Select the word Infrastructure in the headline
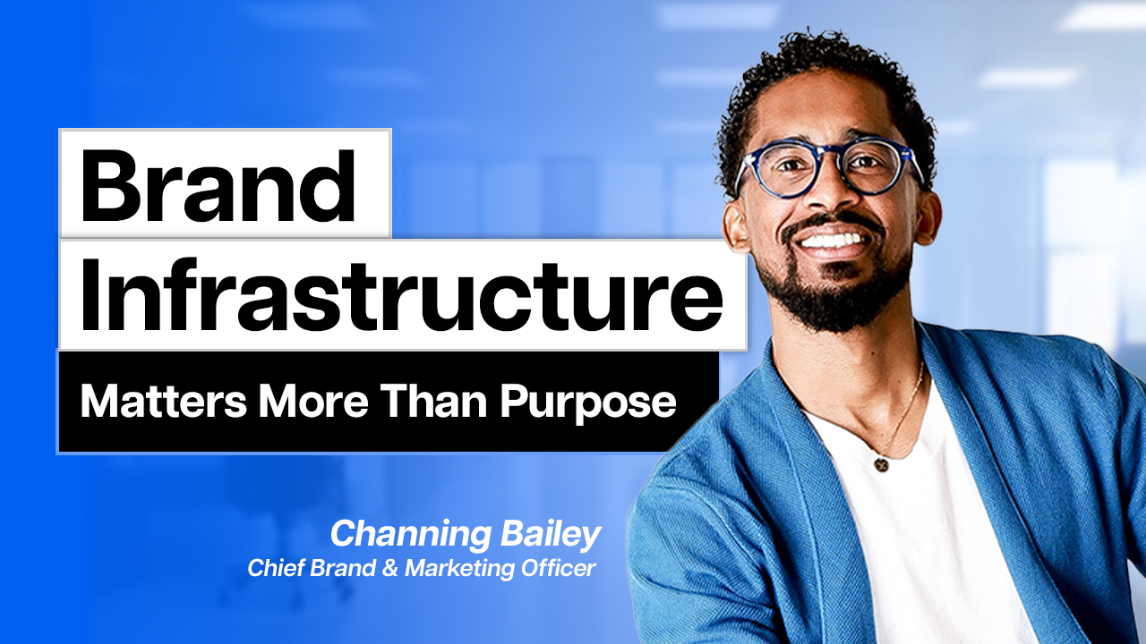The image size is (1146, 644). tap(402, 295)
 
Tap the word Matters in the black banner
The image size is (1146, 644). tap(164, 402)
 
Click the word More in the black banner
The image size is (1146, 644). tap(313, 402)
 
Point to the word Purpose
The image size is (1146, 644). tap(588, 403)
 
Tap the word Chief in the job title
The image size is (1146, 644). tap(277, 568)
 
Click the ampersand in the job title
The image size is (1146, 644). tap(389, 568)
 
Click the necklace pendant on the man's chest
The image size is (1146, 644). tap(881, 464)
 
